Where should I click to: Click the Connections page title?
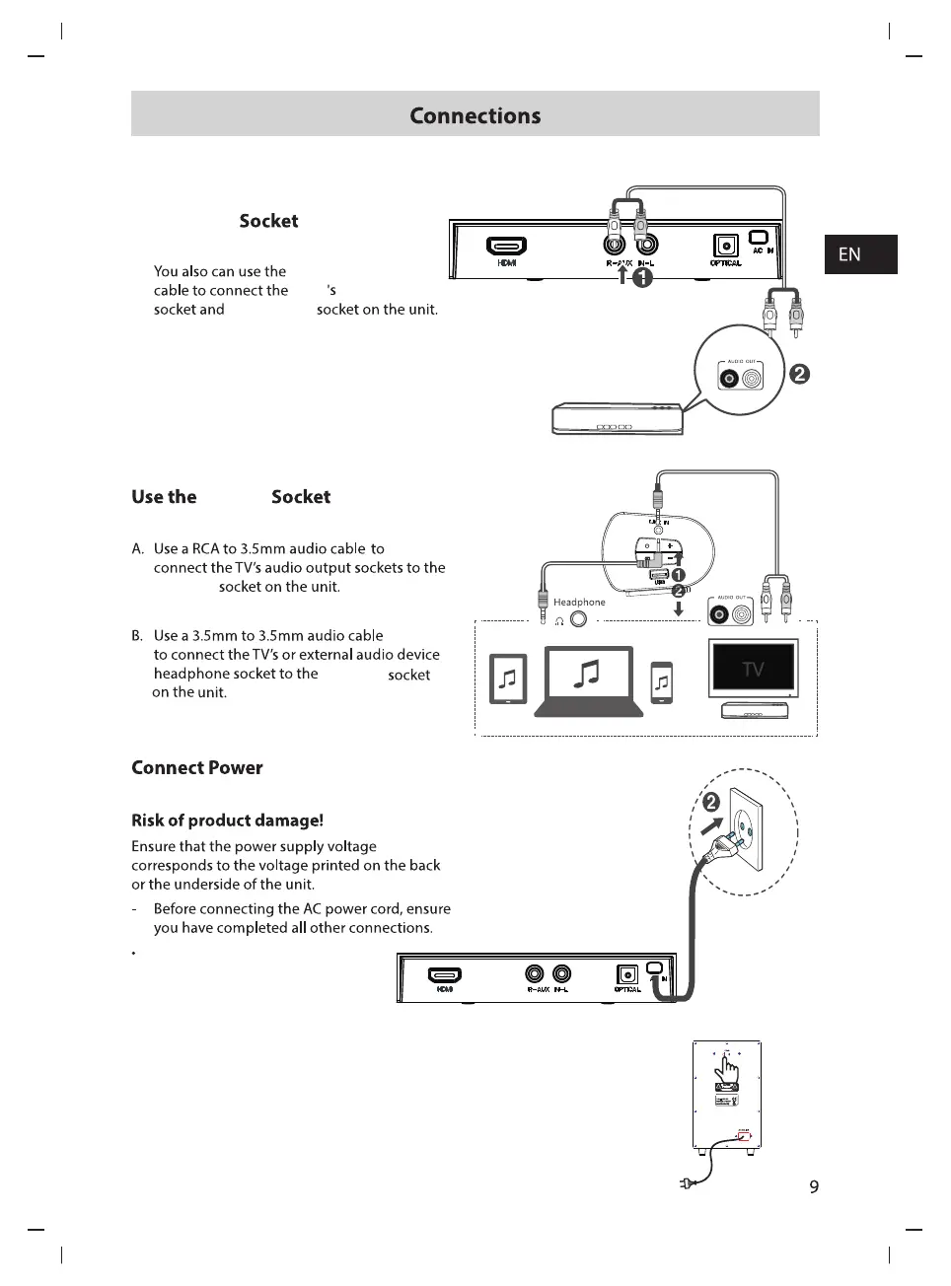(x=475, y=115)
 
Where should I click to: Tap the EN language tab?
(x=849, y=254)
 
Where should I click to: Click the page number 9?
(x=814, y=1186)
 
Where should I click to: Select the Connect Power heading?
(x=197, y=767)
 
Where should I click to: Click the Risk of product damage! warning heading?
(x=227, y=821)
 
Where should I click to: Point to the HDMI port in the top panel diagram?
(x=507, y=247)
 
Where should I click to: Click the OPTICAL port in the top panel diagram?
(x=725, y=247)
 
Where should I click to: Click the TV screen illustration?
(x=753, y=669)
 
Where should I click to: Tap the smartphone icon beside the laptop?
(x=662, y=682)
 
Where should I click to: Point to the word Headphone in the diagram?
(x=579, y=602)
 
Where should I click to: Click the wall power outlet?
(x=747, y=830)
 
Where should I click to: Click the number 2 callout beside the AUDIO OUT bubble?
(x=800, y=374)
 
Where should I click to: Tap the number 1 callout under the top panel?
(x=642, y=278)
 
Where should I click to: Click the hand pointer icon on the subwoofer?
(x=728, y=1068)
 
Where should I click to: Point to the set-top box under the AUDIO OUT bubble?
(x=618, y=419)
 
